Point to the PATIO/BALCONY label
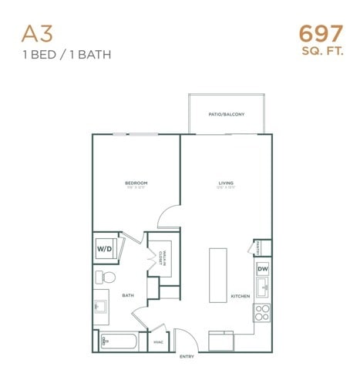pos(227,114)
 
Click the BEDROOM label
pos(136,183)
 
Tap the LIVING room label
pos(226,183)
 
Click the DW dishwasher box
pos(263,269)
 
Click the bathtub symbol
pos(119,341)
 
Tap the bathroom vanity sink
pos(101,308)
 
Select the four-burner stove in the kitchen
pos(263,313)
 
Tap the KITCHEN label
pos(240,296)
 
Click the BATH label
pos(129,296)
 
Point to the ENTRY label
pos(187,358)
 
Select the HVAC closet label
pos(158,341)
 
